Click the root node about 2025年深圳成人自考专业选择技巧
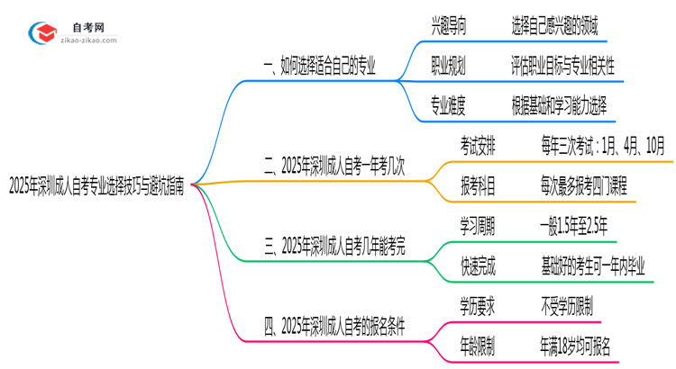96,186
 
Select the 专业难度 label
449,106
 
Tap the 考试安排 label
477,146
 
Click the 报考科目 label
477,185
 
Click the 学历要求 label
477,305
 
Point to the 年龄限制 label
477,345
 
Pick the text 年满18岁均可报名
574,345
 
